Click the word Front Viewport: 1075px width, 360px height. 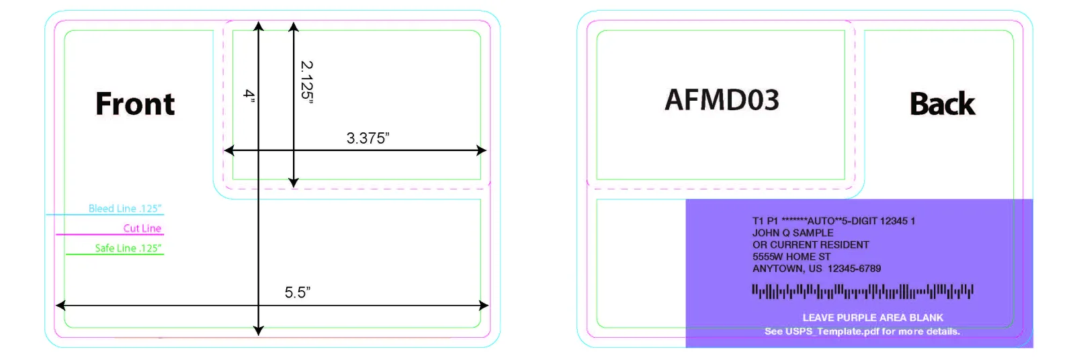click(135, 103)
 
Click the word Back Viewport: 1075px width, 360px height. click(943, 103)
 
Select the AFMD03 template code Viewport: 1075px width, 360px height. click(722, 100)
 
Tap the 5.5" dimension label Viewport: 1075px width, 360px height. click(298, 292)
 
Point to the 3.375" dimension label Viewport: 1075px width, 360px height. click(368, 138)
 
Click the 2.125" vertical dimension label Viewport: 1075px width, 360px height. click(306, 82)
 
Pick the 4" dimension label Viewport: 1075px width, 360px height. click(249, 95)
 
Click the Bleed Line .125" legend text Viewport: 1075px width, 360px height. click(125, 208)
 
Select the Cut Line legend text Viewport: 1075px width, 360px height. click(142, 228)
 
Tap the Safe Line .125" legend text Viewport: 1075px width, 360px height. click(128, 248)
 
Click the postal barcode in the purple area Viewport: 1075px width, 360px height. click(863, 291)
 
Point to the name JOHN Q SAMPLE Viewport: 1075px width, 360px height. click(793, 233)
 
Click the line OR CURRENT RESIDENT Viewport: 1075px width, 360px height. click(810, 244)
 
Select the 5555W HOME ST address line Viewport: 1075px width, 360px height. click(791, 257)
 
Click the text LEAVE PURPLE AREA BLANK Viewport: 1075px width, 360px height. click(873, 318)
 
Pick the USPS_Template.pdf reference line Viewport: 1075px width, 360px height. click(863, 331)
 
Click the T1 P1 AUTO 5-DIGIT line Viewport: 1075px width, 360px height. click(834, 221)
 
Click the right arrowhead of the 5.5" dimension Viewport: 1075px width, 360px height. click(484, 306)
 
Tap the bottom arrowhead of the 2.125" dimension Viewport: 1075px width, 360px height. click(294, 183)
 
